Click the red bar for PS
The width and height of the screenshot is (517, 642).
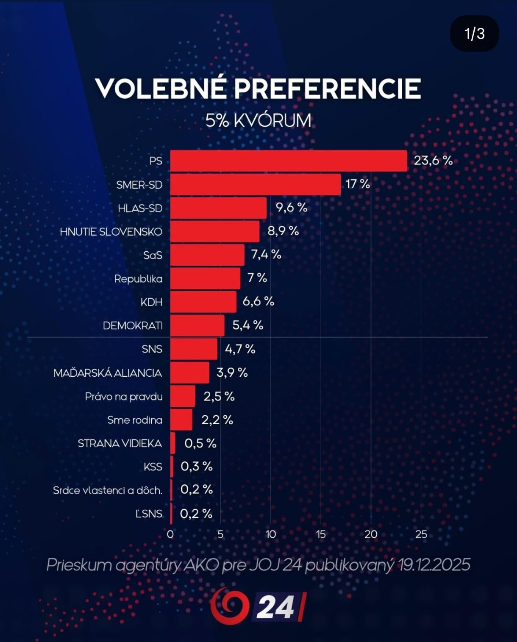[x=288, y=161]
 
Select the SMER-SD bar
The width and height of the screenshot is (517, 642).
[x=255, y=184]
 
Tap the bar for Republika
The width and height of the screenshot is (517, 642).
[x=205, y=278]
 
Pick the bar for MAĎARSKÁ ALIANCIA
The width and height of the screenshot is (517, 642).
[x=189, y=372]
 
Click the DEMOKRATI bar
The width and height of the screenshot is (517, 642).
[x=197, y=325]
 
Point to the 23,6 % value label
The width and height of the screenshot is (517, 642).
[x=433, y=161]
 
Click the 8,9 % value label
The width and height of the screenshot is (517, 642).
[x=283, y=231]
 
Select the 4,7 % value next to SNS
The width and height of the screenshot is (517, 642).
[x=240, y=349]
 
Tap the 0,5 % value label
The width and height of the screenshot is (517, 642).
[x=200, y=443]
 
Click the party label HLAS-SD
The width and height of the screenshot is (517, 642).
[x=140, y=208]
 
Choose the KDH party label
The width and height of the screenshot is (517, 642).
[x=151, y=302]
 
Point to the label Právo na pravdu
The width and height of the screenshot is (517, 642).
[x=124, y=397]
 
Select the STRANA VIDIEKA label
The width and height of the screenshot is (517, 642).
[x=120, y=444]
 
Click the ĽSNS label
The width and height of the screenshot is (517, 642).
[x=149, y=514]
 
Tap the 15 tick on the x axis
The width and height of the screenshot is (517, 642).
[x=321, y=534]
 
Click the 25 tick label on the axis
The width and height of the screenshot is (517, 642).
[x=421, y=534]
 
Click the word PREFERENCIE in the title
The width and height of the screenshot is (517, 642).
[x=327, y=89]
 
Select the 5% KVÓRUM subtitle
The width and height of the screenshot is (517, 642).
[x=258, y=121]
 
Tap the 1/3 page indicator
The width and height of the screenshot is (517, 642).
[x=474, y=33]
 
